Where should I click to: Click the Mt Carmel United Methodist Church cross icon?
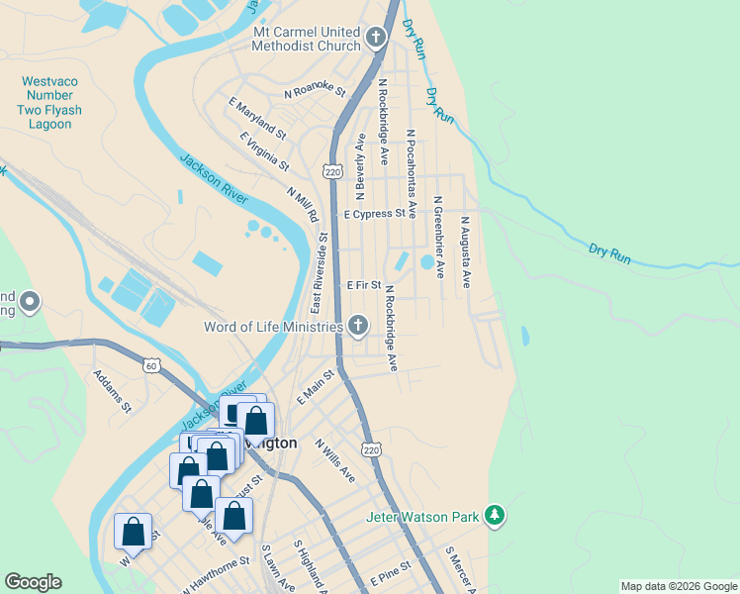pos(375,39)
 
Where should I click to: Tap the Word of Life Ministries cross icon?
pos(357,326)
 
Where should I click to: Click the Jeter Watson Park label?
pos(422,516)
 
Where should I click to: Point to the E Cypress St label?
pos(375,213)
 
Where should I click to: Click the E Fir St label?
pos(364,285)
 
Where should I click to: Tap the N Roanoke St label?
pos(315,92)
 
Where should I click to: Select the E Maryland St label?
pos(256,118)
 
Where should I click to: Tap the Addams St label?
pos(112,390)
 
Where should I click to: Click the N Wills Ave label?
pos(334,459)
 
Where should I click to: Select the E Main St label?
pos(316,386)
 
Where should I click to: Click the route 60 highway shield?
pos(151,365)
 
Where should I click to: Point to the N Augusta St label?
pos(465,247)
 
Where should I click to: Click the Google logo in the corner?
pos(33,582)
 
